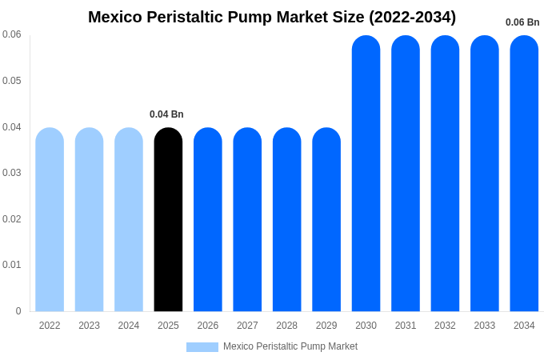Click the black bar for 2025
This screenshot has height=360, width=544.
coord(168,219)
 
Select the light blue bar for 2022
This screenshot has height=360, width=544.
coord(50,219)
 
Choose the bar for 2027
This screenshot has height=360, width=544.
coord(247,219)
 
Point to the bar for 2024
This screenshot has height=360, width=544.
coord(129,219)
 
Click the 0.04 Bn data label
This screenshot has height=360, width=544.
coord(166,114)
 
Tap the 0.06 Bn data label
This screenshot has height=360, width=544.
coord(522,22)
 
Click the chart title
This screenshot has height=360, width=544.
coord(272,17)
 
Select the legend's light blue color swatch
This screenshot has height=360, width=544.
coord(202,347)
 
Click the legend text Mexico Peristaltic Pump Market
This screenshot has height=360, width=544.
coord(290,346)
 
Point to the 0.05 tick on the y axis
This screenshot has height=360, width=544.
coord(12,81)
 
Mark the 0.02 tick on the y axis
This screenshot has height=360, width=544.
coord(12,219)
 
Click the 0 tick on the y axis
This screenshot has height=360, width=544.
coord(18,311)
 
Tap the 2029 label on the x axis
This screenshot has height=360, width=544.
coord(326,326)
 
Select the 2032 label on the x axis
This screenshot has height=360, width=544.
coord(445,326)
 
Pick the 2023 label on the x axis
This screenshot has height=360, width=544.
coord(89,326)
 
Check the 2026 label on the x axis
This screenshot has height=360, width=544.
coord(208,326)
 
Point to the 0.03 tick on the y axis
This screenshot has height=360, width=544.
coord(12,173)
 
